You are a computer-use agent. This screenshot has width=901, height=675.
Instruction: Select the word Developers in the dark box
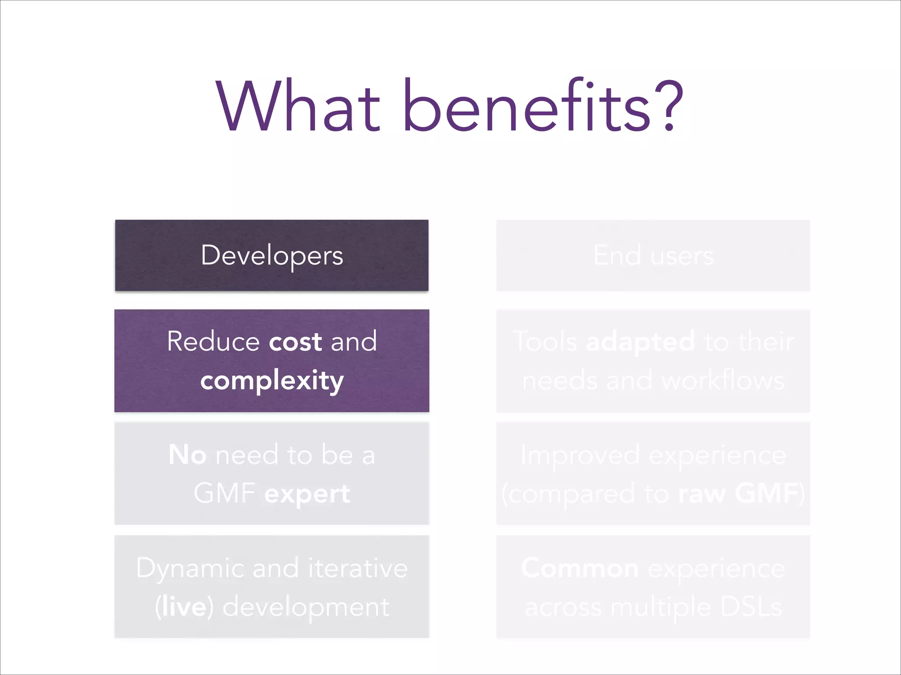[x=272, y=255]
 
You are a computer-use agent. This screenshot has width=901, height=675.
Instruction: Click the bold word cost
[x=295, y=341]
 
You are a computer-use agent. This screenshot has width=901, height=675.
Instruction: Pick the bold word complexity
[x=272, y=380]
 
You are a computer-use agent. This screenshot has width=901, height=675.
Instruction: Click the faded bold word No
[x=187, y=454]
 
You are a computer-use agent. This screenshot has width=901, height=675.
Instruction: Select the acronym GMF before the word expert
[x=224, y=493]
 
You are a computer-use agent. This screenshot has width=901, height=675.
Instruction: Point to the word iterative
[x=358, y=568]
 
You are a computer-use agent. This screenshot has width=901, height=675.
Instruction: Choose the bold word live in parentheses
[x=184, y=607]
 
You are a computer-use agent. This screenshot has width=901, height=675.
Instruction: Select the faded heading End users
[x=653, y=255]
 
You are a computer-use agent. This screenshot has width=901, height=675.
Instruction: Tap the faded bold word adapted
[x=640, y=342]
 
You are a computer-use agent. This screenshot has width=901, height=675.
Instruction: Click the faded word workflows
[x=723, y=380]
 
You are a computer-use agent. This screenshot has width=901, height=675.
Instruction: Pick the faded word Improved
[x=580, y=455]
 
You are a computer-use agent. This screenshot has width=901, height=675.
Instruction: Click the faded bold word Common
[x=580, y=568]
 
